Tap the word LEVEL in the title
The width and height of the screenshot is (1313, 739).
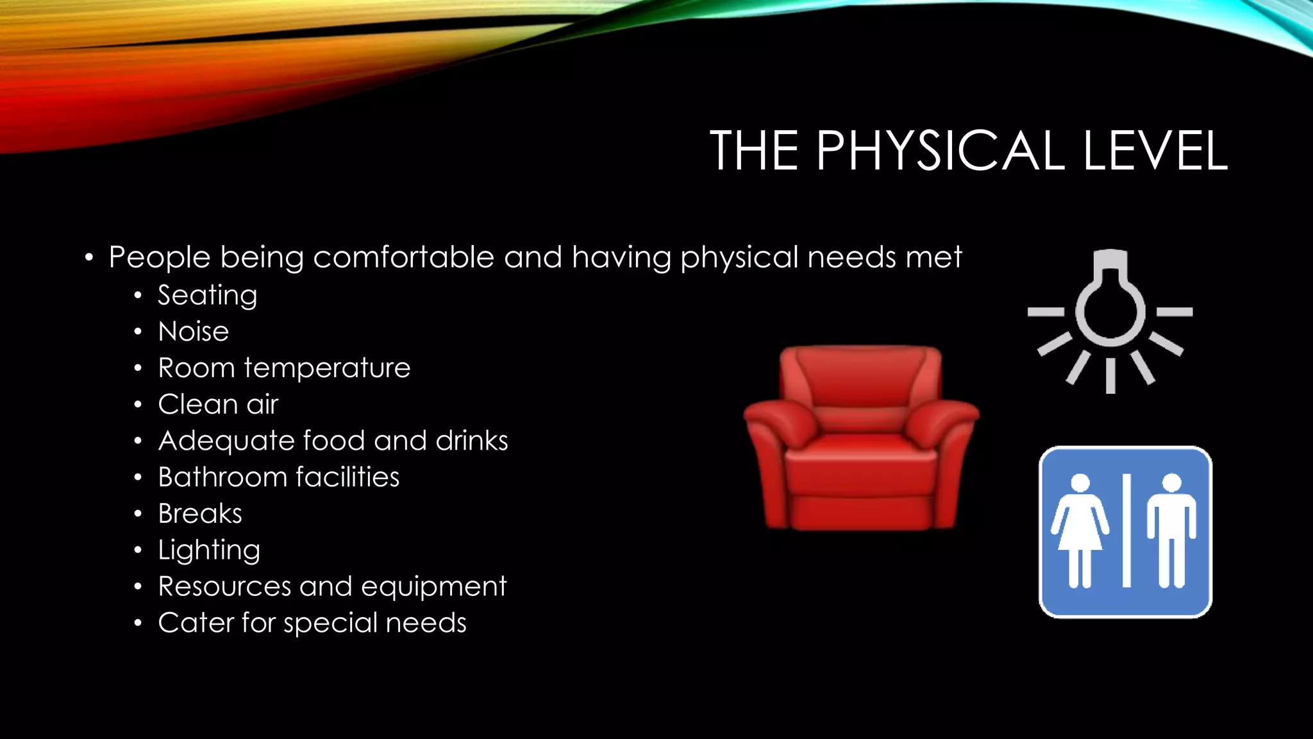tap(1155, 151)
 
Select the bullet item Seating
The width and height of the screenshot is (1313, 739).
tap(207, 296)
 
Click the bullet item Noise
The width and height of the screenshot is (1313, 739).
tap(193, 332)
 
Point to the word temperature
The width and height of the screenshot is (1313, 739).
tap(326, 368)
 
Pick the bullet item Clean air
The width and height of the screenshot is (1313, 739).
tap(218, 404)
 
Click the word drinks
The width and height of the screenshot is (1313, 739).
tap(471, 441)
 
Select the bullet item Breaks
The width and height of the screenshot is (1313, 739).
tap(200, 514)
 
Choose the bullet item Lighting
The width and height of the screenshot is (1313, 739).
tap(209, 550)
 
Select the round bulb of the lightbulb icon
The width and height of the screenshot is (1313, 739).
tap(1110, 311)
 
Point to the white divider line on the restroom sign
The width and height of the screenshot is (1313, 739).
tap(1126, 531)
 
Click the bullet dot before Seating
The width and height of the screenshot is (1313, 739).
tap(138, 296)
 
